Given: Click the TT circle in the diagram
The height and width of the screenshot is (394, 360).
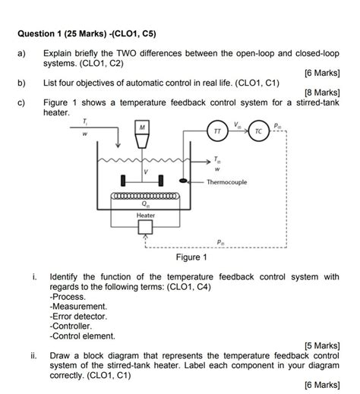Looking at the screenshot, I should (218, 131).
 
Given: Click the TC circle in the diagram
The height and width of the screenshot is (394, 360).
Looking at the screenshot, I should (260, 131).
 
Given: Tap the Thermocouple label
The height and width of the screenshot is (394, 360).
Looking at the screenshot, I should (231, 182).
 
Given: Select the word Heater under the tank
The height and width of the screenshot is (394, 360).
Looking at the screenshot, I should (145, 216).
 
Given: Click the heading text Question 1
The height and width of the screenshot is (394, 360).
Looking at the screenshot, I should (46, 33).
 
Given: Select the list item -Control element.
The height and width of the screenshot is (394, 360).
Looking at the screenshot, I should (83, 335).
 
